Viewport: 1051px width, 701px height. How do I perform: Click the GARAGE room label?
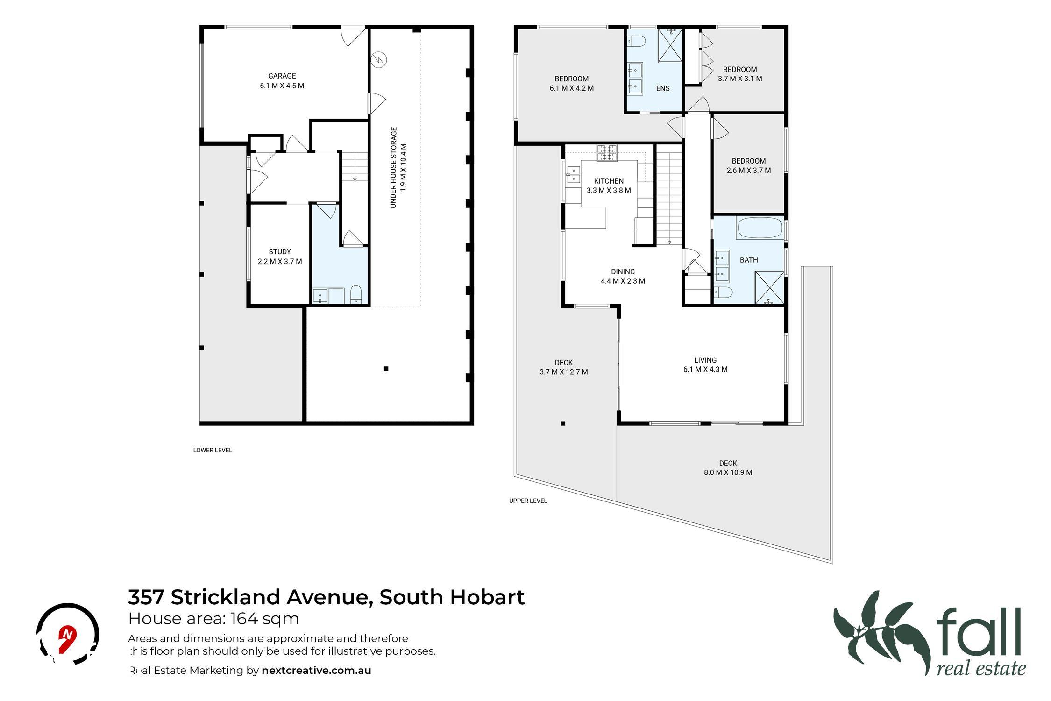pyautogui.click(x=282, y=76)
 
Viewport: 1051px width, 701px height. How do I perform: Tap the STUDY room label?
pyautogui.click(x=280, y=251)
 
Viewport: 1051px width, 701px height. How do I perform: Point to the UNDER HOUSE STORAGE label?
pyautogui.click(x=393, y=167)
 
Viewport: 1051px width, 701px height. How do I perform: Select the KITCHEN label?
pyautogui.click(x=609, y=181)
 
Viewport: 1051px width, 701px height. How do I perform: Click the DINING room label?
pyautogui.click(x=623, y=272)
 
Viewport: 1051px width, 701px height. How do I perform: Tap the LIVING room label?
pyautogui.click(x=705, y=360)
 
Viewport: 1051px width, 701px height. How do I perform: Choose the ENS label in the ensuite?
pyautogui.click(x=663, y=88)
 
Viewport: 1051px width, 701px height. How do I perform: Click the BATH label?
pyautogui.click(x=749, y=260)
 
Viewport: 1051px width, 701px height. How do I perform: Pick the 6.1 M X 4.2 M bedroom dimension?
pyautogui.click(x=572, y=88)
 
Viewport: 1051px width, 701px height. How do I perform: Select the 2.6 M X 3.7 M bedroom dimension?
pyautogui.click(x=749, y=171)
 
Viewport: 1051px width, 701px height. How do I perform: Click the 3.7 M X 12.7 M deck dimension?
pyautogui.click(x=564, y=372)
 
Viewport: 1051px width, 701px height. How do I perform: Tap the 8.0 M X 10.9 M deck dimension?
pyautogui.click(x=728, y=472)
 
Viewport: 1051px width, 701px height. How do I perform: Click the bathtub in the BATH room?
pyautogui.click(x=759, y=228)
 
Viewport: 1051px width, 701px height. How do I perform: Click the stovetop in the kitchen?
pyautogui.click(x=606, y=153)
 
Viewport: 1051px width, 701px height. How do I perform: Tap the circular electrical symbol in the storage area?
pyautogui.click(x=379, y=60)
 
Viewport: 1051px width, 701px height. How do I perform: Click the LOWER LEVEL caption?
pyautogui.click(x=213, y=451)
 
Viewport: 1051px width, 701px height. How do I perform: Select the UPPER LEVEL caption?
pyautogui.click(x=528, y=501)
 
